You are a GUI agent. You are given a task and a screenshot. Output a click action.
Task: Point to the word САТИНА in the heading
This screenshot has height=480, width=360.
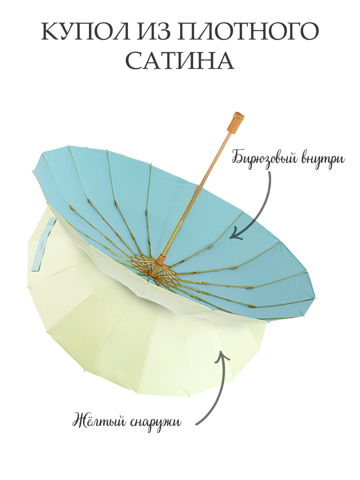click(180, 62)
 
